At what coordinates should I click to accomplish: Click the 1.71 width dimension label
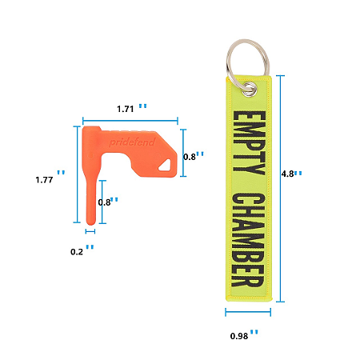tap(126, 109)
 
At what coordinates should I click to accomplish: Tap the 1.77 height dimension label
tap(44, 180)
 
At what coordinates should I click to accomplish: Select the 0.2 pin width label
tap(77, 252)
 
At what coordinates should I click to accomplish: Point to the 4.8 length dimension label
tap(288, 174)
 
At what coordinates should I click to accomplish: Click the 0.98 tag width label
tap(239, 336)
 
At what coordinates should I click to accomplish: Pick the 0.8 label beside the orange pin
tap(104, 202)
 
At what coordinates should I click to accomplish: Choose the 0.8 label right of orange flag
tap(190, 157)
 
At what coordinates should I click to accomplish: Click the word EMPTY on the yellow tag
tap(249, 142)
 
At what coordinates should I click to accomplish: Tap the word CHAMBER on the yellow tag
tap(248, 240)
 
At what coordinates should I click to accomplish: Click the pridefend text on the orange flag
tap(132, 142)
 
